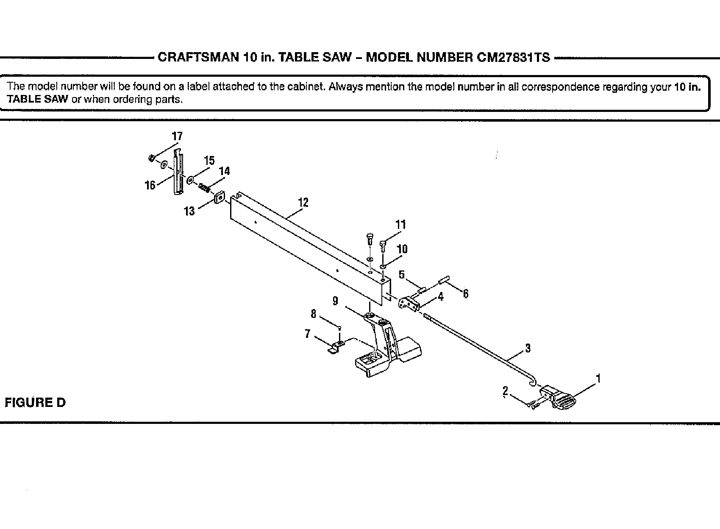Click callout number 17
pyautogui.click(x=177, y=136)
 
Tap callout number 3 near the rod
pyautogui.click(x=528, y=348)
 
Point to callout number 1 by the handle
pyautogui.click(x=598, y=377)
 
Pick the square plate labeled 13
pyautogui.click(x=219, y=198)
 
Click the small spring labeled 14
pyautogui.click(x=204, y=187)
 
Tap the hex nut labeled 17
pyautogui.click(x=150, y=159)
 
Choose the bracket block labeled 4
pyautogui.click(x=409, y=304)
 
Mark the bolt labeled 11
pyautogui.click(x=383, y=244)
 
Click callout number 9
pyautogui.click(x=335, y=301)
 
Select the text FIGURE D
pyautogui.click(x=35, y=402)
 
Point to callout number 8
pyautogui.click(x=313, y=314)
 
